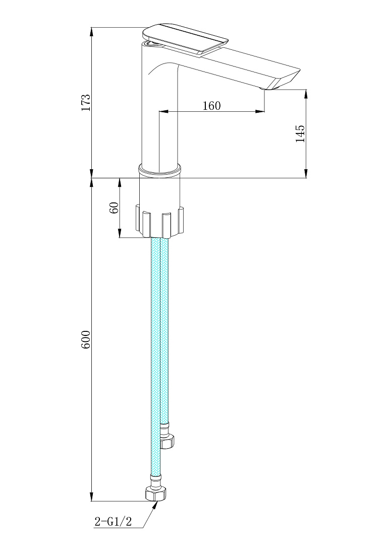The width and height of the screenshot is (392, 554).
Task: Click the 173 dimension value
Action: pyautogui.click(x=86, y=102)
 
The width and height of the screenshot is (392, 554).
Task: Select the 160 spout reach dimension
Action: pyautogui.click(x=211, y=106)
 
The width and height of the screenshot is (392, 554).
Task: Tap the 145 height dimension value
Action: pyautogui.click(x=300, y=133)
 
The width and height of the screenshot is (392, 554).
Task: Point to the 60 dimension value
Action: pyautogui.click(x=114, y=207)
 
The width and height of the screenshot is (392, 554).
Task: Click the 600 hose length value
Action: pyautogui.click(x=86, y=340)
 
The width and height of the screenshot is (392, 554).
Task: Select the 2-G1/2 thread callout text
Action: pyautogui.click(x=113, y=521)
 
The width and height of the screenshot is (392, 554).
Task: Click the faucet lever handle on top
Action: pyautogui.click(x=185, y=38)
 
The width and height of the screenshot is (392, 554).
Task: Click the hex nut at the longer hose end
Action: pyautogui.click(x=156, y=493)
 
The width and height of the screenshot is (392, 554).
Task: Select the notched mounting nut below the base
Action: pyautogui.click(x=159, y=221)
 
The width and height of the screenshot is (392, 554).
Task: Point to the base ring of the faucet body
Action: pyautogui.click(x=159, y=170)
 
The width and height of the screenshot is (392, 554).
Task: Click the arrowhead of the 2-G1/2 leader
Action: pyautogui.click(x=155, y=505)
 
